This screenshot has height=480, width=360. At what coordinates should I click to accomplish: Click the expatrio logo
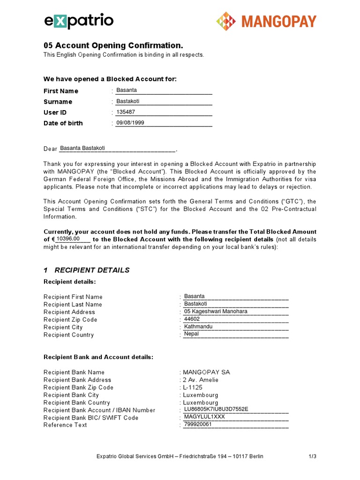click(x=79, y=21)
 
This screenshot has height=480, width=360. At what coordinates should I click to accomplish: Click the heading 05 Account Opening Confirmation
click(x=113, y=45)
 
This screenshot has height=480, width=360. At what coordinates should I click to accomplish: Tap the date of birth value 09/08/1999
click(x=130, y=123)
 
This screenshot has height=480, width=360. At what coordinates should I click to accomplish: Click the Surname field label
click(x=58, y=102)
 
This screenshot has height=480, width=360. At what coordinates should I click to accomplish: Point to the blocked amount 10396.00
click(x=68, y=239)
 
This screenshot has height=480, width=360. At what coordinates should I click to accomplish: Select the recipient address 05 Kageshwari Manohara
click(x=216, y=311)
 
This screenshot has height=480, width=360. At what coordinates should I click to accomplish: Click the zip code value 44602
click(x=192, y=319)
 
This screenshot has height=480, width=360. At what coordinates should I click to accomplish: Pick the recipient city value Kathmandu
click(x=198, y=326)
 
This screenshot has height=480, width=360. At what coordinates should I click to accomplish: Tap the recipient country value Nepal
click(x=192, y=334)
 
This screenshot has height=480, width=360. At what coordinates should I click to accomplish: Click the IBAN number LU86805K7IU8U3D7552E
click(x=216, y=409)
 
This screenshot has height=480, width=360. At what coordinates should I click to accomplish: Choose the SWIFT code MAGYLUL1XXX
click(x=204, y=417)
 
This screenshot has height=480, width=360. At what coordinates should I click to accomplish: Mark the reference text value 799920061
click(x=198, y=424)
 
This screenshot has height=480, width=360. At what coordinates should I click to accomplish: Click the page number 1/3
click(x=313, y=456)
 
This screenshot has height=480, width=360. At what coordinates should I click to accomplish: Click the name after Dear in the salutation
click(x=82, y=148)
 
